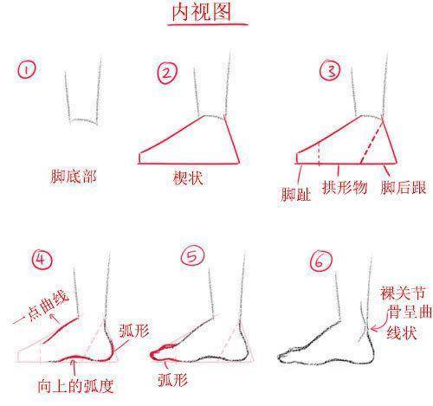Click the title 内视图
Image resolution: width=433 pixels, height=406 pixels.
tap(202, 12)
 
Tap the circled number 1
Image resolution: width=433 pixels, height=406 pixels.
tap(27, 70)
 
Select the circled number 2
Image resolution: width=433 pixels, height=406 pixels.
tap(167, 73)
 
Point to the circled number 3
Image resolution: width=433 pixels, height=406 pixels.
tap(330, 70)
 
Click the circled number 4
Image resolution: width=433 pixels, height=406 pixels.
tap(42, 260)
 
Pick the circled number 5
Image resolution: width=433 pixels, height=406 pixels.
tap(192, 255)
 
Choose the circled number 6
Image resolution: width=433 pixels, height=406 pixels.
tap(321, 261)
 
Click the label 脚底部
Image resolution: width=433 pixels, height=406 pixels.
tap(74, 177)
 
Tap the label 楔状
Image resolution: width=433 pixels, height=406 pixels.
tap(188, 178)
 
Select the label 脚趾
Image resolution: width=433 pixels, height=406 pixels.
tap(295, 194)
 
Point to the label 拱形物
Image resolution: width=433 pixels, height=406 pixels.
tap(345, 188)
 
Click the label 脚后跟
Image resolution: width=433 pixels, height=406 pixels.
tap(404, 188)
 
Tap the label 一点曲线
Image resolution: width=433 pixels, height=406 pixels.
tap(42, 306)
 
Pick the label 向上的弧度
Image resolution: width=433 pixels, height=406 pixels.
tap(75, 386)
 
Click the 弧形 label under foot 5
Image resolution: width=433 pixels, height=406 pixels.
tap(172, 380)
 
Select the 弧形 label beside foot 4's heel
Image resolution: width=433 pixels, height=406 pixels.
tap(134, 331)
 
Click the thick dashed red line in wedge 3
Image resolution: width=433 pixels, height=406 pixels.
tap(372, 143)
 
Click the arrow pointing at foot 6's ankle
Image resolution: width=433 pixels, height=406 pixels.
tap(379, 322)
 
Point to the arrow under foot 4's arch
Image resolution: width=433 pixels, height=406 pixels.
tap(74, 367)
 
